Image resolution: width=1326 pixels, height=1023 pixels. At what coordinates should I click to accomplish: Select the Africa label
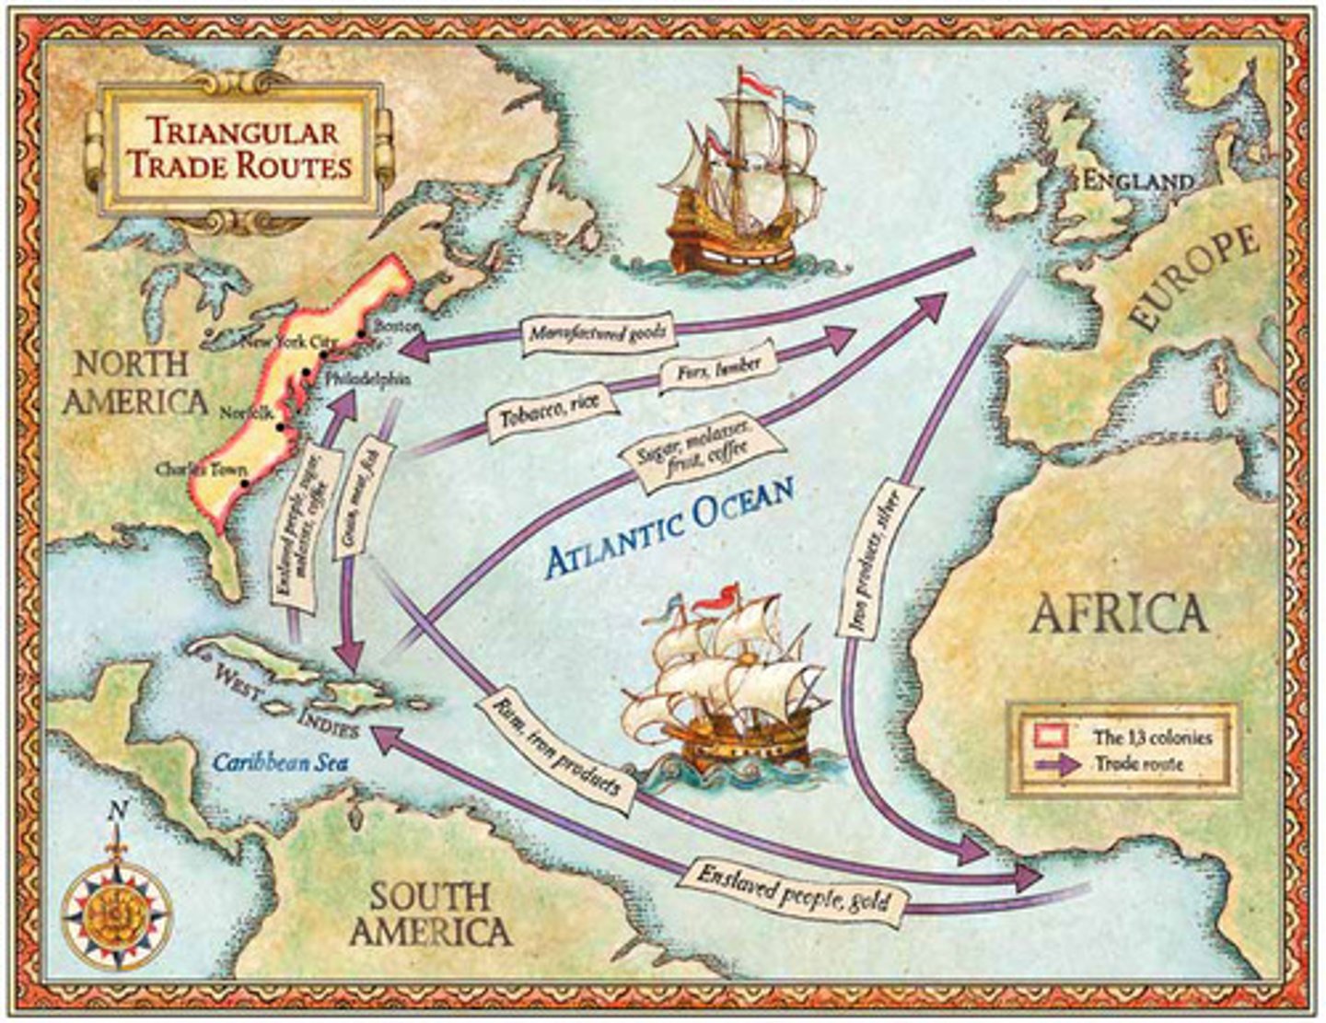tap(1118, 612)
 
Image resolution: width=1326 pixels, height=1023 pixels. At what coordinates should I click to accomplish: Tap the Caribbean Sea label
tap(271, 762)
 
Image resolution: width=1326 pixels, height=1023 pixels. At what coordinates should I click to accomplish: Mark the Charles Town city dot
tap(244, 482)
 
